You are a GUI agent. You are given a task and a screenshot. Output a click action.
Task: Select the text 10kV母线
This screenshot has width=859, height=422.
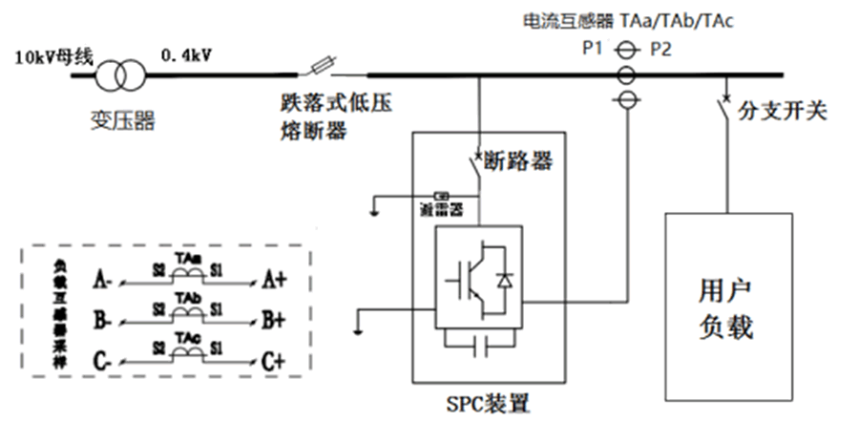51,56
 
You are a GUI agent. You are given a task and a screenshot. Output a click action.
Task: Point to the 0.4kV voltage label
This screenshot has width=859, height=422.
186,56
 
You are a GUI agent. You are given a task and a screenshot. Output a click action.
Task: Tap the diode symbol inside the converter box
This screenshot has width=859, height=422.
504,280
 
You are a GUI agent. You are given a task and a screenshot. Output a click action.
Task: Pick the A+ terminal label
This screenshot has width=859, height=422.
275,279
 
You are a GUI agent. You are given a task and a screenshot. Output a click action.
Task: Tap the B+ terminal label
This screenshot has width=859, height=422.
275,321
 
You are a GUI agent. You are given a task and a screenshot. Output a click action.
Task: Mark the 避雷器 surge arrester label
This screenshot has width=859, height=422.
442,207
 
